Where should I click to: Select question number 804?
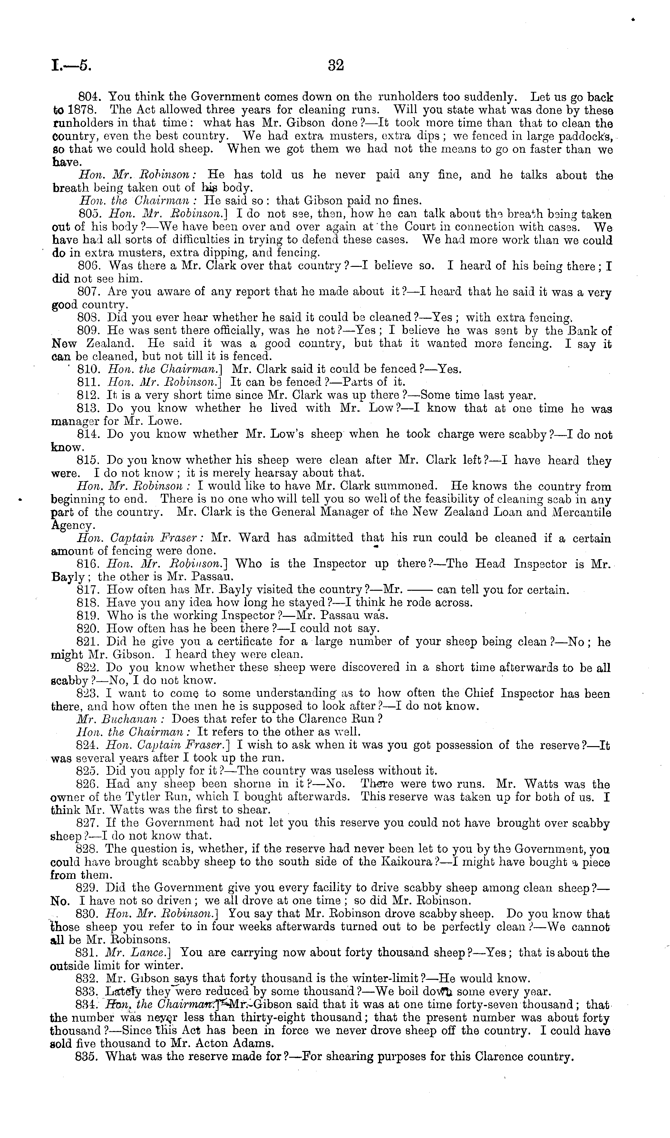pyautogui.click(x=92, y=97)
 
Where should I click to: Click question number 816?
pyautogui.click(x=92, y=564)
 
